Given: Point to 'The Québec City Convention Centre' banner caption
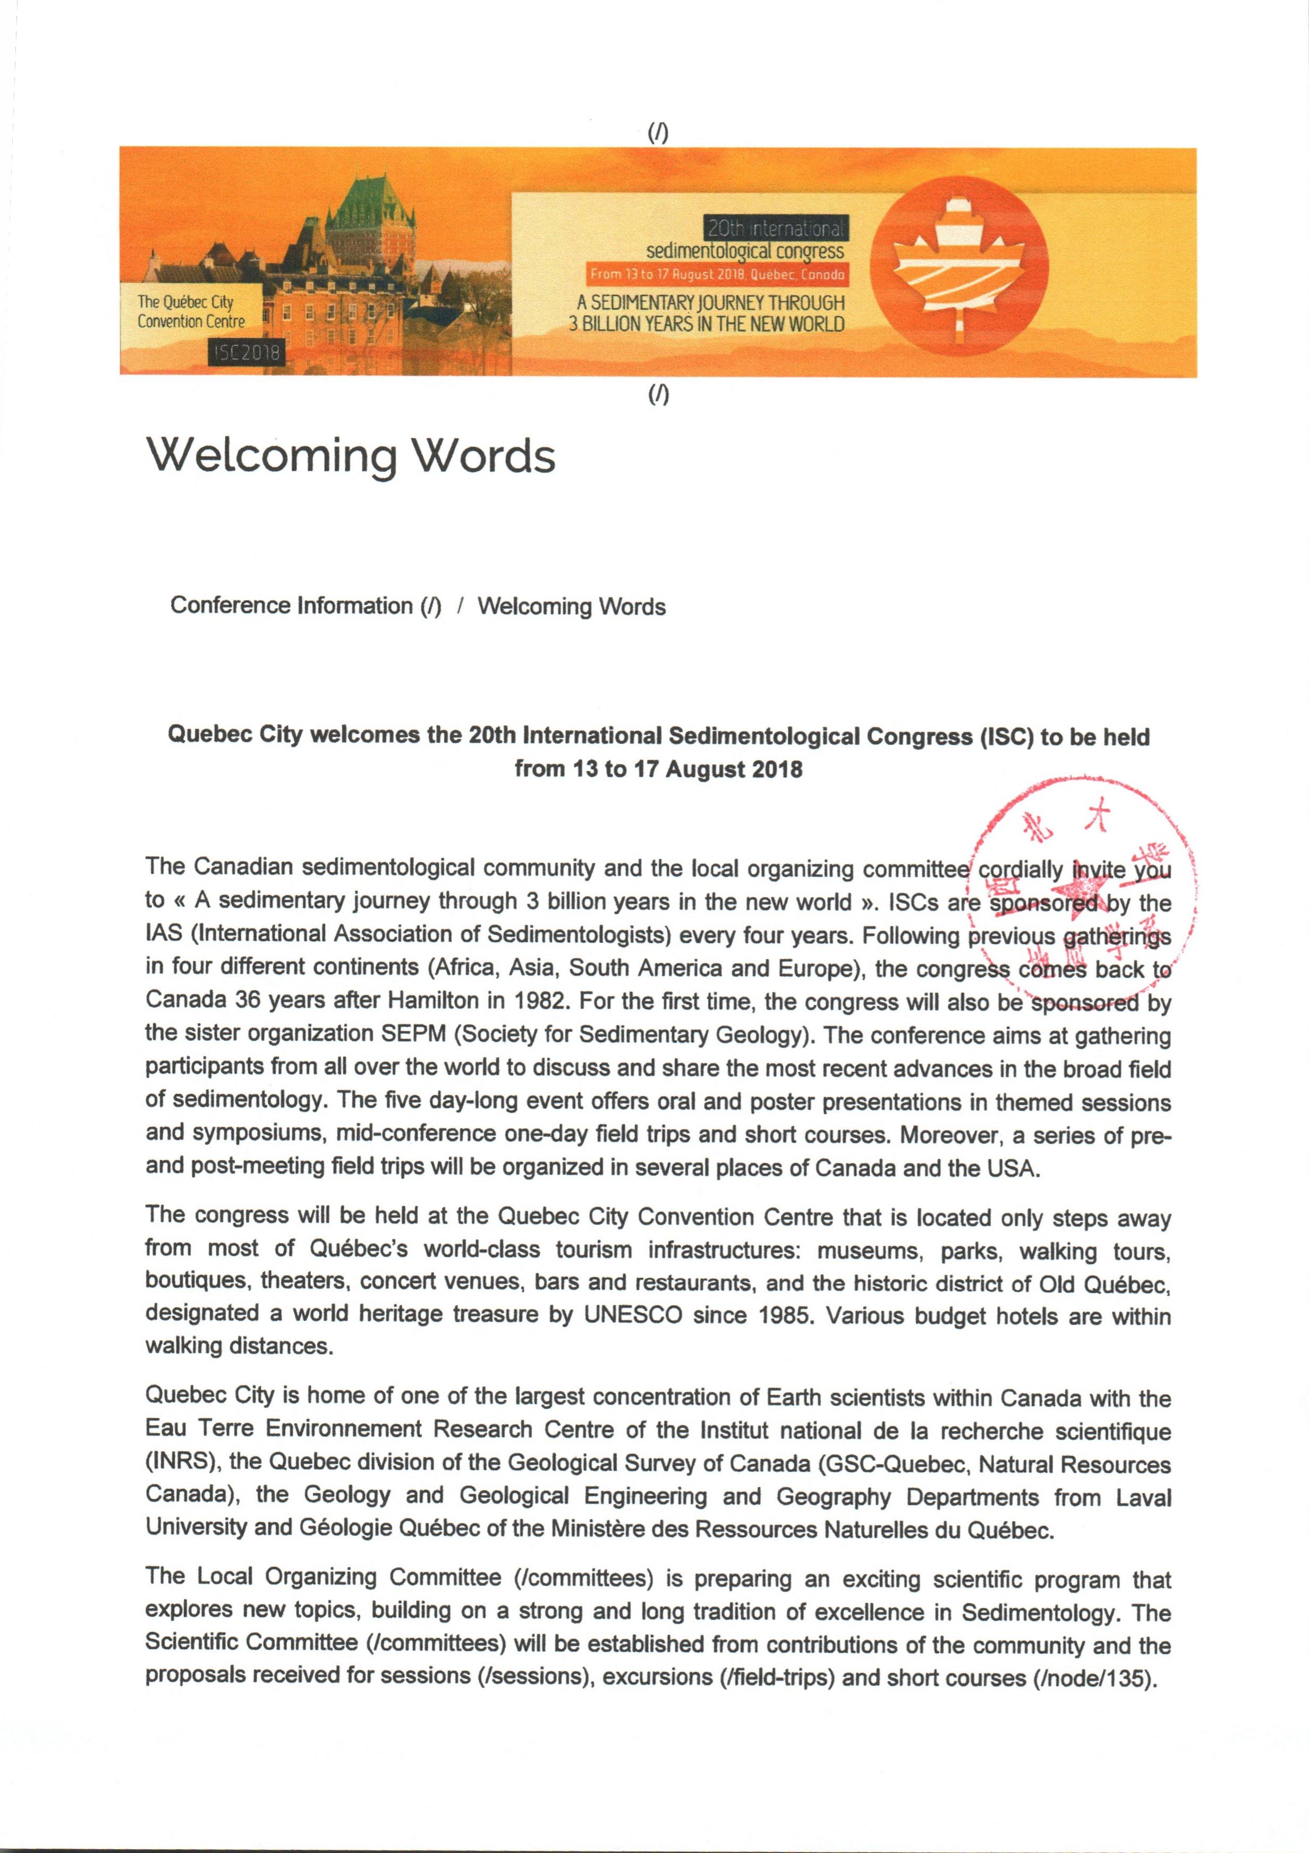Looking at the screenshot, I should [x=191, y=311].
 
